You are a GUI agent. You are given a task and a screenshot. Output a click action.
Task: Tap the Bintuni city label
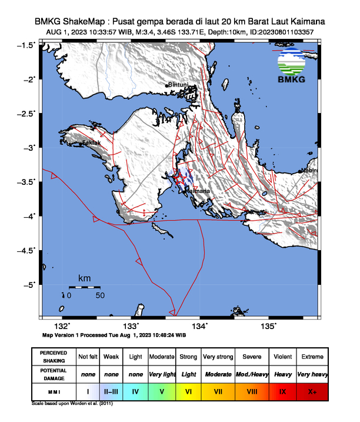coord(179,85)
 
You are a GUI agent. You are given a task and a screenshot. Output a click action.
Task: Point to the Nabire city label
coord(309,171)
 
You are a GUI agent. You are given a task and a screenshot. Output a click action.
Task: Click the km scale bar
coord(84,287)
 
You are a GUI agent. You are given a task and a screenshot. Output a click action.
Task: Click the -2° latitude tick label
coord(29,79)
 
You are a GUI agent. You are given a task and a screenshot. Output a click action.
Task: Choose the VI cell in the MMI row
coord(188,391)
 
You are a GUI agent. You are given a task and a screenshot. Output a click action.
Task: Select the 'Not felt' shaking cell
coord(88,357)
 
